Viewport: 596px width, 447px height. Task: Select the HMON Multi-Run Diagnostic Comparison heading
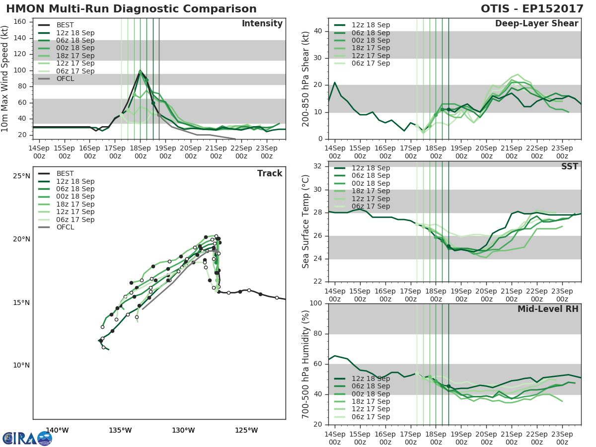pyautogui.click(x=131, y=9)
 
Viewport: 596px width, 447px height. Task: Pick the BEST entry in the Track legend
pyautogui.click(x=65, y=173)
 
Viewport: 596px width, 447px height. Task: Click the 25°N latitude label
pyautogui.click(x=21, y=176)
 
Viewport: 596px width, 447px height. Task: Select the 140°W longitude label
pyautogui.click(x=57, y=430)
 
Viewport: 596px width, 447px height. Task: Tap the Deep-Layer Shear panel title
pyautogui.click(x=536, y=24)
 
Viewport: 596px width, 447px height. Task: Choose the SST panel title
pyautogui.click(x=570, y=166)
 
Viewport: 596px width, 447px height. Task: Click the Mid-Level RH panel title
pyautogui.click(x=548, y=309)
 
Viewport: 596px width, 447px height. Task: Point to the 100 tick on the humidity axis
pyautogui.click(x=316, y=303)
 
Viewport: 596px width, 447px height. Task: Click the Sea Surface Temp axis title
pyautogui.click(x=306, y=221)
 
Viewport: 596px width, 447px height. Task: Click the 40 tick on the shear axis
pyautogui.click(x=318, y=31)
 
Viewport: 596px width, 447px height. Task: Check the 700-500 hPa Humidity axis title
pyautogui.click(x=306, y=364)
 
